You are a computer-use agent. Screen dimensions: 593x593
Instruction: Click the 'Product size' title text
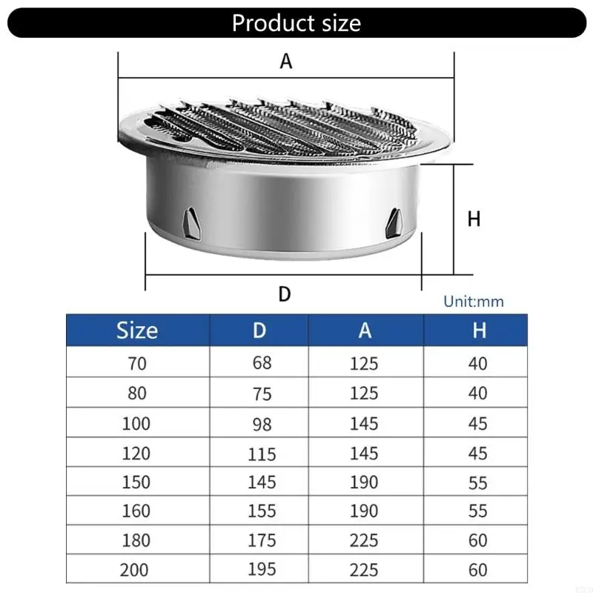(x=296, y=22)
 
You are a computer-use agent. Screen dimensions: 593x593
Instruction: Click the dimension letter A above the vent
(x=286, y=62)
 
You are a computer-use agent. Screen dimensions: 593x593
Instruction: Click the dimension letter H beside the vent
(x=474, y=219)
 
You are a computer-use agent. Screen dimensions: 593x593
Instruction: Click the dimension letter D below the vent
(x=284, y=294)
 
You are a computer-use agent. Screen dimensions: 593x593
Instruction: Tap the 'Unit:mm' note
(x=473, y=302)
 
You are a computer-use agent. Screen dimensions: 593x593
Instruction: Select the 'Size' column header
(x=137, y=330)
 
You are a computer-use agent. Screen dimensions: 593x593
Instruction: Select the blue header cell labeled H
(x=479, y=330)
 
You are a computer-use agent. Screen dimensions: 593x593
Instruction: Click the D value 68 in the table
(x=262, y=363)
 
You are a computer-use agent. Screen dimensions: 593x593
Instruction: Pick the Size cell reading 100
(x=136, y=423)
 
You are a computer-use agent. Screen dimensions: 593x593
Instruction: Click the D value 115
(x=262, y=454)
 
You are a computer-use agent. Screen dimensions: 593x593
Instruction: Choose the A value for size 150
(x=364, y=483)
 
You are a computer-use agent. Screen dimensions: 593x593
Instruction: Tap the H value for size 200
(x=478, y=570)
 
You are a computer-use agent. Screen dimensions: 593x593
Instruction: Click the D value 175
(x=262, y=541)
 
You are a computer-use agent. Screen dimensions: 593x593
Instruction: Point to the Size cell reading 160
(x=136, y=511)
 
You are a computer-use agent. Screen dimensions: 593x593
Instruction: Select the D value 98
(x=262, y=424)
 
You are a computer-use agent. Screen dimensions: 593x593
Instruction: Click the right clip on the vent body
(x=395, y=219)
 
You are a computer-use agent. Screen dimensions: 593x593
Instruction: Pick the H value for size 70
(x=478, y=363)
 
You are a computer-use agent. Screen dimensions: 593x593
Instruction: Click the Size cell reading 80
(x=136, y=394)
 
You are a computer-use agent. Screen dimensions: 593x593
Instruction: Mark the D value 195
(x=262, y=570)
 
